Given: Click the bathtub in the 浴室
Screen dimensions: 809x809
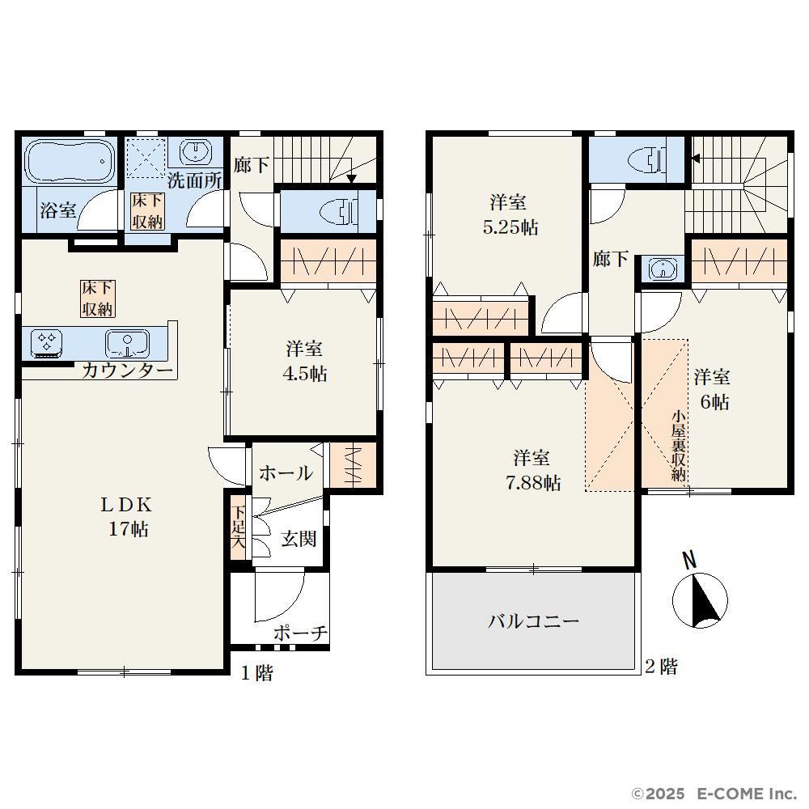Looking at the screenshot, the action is (70, 162).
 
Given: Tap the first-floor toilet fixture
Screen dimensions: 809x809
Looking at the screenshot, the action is (340, 212).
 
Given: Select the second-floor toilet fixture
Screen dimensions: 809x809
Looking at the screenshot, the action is (648, 159).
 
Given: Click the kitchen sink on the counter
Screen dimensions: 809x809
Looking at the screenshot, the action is (127, 344).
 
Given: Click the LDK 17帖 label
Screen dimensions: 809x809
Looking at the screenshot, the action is (127, 516).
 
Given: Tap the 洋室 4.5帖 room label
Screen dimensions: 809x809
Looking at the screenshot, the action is (304, 361).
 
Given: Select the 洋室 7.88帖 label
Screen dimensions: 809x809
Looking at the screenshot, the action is (532, 470).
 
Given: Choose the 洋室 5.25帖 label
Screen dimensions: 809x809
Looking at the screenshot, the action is (510, 214).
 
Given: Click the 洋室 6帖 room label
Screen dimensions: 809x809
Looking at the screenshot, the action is (712, 390).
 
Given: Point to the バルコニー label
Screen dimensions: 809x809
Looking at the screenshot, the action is (533, 621).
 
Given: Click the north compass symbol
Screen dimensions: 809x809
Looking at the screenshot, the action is (700, 593).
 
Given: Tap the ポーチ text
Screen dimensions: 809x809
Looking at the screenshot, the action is (300, 633).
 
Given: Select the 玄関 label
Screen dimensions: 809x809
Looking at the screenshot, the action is (299, 539).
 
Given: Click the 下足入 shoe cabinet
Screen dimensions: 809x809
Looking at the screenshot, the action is (239, 527).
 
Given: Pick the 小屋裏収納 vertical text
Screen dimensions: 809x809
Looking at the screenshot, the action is (679, 446).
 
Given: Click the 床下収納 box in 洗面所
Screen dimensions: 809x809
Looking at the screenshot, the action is (147, 211).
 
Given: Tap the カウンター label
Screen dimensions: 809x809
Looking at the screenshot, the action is (127, 371).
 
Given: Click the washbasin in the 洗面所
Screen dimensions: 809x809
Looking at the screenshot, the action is (196, 151).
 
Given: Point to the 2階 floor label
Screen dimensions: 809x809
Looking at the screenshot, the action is (661, 667).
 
